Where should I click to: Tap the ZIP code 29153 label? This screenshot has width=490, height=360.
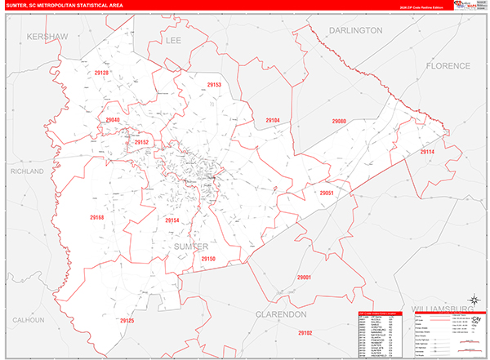click(x=214, y=85)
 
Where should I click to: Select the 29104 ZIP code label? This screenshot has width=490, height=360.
click(x=273, y=121)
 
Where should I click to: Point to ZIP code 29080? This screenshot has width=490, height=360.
click(x=339, y=122)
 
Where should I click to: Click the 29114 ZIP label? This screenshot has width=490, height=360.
click(x=429, y=152)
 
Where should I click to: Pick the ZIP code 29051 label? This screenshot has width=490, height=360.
click(x=327, y=193)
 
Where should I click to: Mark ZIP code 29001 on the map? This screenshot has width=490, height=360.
click(x=305, y=278)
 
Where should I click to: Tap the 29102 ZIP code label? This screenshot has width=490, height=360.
click(x=305, y=333)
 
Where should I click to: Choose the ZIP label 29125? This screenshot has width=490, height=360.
click(x=127, y=322)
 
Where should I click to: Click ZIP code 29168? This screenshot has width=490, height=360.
click(x=96, y=217)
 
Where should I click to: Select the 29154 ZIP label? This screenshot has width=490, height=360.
click(x=171, y=220)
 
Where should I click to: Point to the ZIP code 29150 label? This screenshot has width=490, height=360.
click(x=207, y=259)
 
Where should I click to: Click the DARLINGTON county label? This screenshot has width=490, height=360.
click(x=355, y=30)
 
